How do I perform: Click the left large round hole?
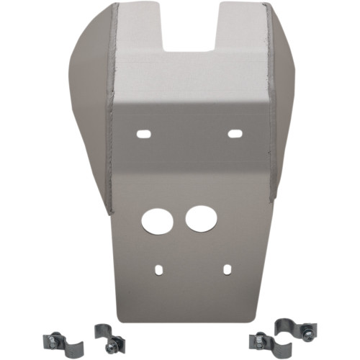coord(156,220)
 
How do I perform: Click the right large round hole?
coord(200,218)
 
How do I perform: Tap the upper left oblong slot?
coord(144,134)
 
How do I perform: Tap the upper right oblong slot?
coord(234,133)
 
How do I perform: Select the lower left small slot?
coord(158,271)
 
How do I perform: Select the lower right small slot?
coord(227,269)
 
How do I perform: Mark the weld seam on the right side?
coord(269,108)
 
